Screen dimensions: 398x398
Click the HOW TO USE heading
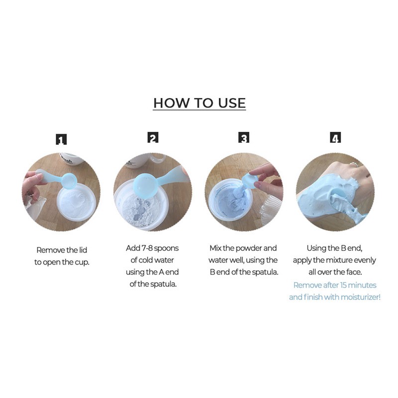coord(199,103)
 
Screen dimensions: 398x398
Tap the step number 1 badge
coord(61,139)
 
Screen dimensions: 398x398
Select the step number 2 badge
coord(153,138)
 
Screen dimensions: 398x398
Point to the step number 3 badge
coord(244,138)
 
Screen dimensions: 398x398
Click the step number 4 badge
coord(335,138)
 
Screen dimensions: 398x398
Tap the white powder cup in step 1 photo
coord(77,202)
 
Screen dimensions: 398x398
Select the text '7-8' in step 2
coord(147,248)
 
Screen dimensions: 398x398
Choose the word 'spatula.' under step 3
coord(266,272)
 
